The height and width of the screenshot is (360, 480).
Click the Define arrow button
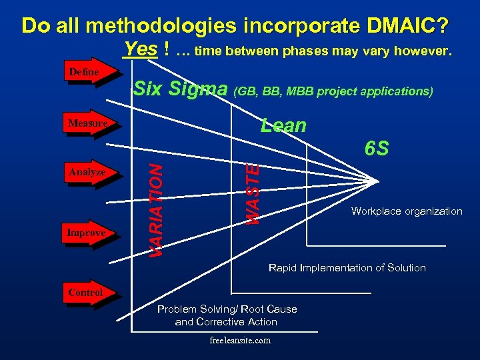85,72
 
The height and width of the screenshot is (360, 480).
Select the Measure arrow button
87,123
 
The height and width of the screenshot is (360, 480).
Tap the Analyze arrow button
87,172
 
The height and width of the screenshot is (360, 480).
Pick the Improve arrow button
87,233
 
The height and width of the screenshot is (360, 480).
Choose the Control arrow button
86,293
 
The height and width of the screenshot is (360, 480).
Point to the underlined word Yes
140,50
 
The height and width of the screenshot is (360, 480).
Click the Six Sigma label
180,89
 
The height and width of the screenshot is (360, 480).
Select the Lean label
283,126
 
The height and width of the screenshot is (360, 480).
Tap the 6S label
377,149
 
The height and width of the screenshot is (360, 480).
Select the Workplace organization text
407,211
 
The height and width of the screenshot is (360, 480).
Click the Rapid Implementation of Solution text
347,268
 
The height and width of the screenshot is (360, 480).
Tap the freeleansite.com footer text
239,340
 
